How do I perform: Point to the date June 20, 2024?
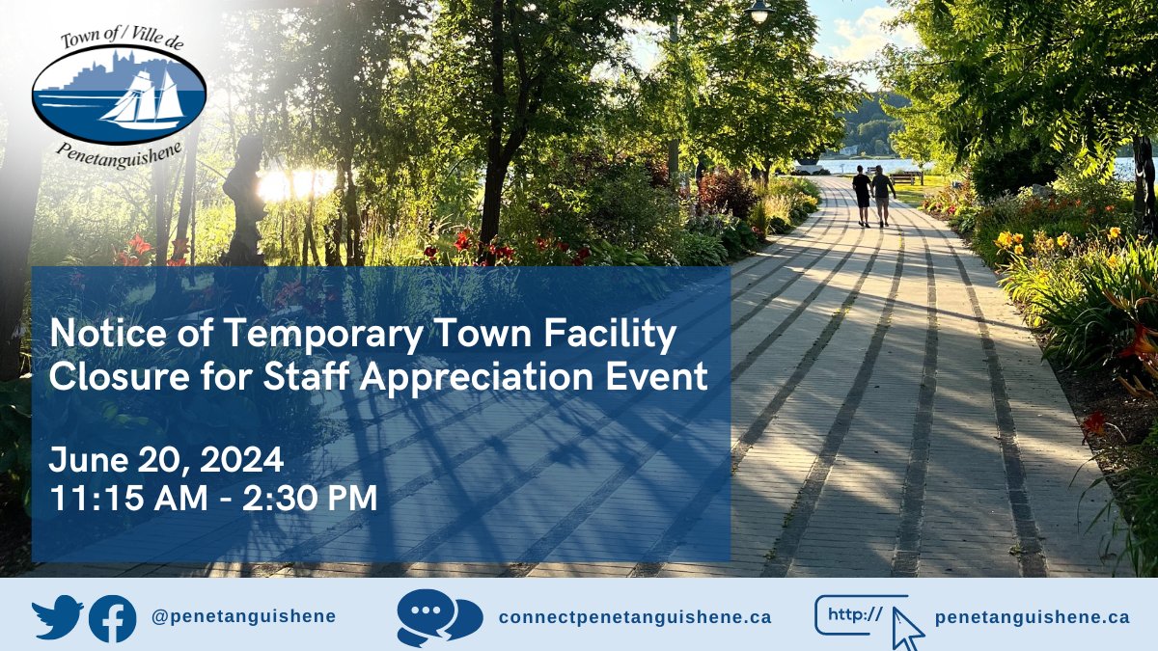(166, 459)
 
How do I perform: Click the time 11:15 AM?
(129, 498)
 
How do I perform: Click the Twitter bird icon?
(57, 618)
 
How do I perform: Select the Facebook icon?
(112, 618)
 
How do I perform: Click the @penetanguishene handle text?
(243, 616)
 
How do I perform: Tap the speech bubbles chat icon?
(439, 617)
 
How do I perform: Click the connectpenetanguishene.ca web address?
(635, 616)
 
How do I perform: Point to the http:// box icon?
(855, 614)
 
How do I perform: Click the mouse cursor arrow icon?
(906, 627)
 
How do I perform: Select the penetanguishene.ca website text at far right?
(1032, 616)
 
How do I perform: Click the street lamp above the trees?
(759, 13)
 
